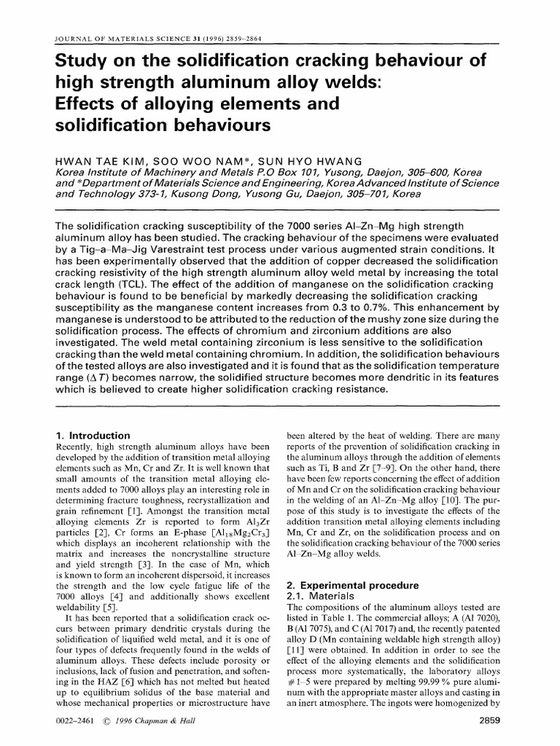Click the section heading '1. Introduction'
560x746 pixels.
click(95, 435)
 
